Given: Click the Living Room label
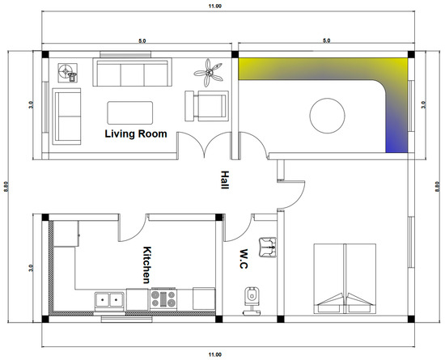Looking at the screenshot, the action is (x=136, y=133).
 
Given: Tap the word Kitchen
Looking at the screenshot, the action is (x=146, y=265).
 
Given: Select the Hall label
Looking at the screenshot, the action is (x=224, y=180).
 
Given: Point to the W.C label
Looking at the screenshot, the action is (x=244, y=259).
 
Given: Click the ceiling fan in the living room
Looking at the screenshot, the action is (x=209, y=73).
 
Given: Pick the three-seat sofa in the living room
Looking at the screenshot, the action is (x=132, y=72).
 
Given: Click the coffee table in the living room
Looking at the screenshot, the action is (x=130, y=112).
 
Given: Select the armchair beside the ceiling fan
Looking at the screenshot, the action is (x=206, y=106).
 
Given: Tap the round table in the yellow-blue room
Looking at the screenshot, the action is (x=327, y=116).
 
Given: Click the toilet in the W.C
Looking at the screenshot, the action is (x=252, y=301).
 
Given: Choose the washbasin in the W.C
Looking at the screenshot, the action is (x=268, y=248).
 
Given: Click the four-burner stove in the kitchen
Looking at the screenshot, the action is (x=163, y=299).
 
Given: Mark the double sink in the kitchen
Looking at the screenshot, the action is (x=109, y=300).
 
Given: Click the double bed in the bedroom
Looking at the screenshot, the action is (x=345, y=278).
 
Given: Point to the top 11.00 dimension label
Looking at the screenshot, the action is (x=215, y=6).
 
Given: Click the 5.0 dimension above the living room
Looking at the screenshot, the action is (x=142, y=40).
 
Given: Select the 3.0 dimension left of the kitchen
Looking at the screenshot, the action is (x=31, y=268).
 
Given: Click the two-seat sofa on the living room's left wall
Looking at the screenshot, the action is (x=66, y=116).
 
